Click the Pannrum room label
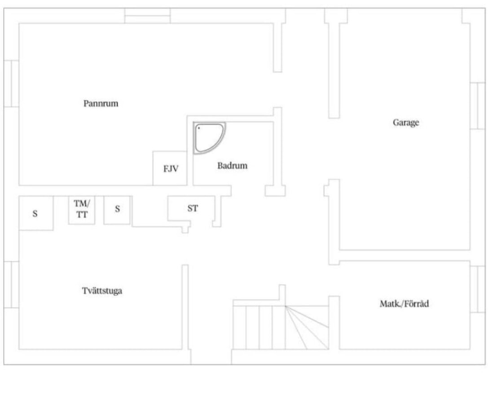(101, 103)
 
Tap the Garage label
(406, 123)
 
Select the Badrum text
(233, 166)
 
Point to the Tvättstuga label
(102, 291)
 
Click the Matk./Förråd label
(404, 304)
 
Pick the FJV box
(170, 168)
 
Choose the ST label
(193, 208)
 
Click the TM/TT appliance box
(82, 210)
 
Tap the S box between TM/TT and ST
(117, 210)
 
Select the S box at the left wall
(36, 213)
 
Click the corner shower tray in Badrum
(210, 138)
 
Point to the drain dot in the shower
(199, 128)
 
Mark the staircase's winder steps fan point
(286, 306)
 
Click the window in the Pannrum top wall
(148, 16)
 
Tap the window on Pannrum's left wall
(12, 84)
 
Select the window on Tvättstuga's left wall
(12, 285)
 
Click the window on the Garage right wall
(477, 106)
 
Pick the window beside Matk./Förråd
(477, 289)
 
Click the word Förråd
(417, 304)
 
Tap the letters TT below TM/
(82, 215)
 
